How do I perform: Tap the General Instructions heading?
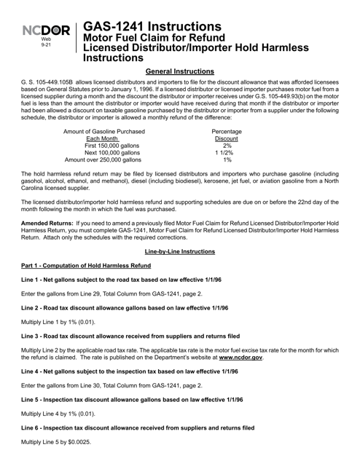point(180,72)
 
